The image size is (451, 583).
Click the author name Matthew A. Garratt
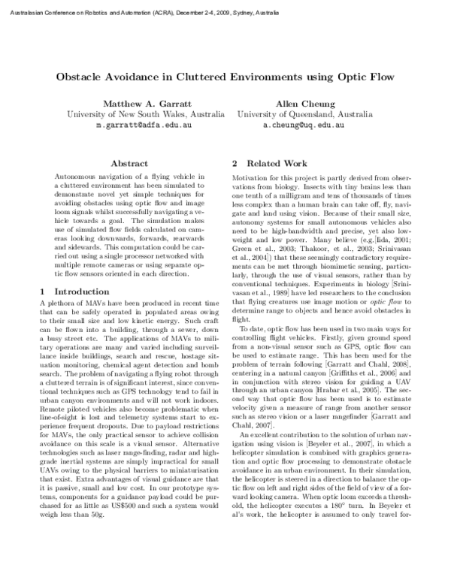click(147, 103)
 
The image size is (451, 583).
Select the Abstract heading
click(129, 162)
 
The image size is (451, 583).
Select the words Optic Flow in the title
click(366, 77)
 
